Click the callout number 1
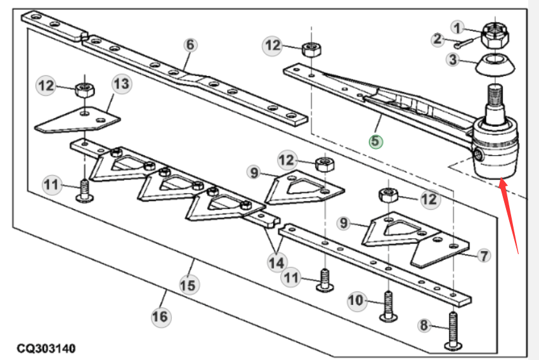[457, 28]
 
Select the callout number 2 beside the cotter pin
[438, 39]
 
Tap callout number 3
[453, 60]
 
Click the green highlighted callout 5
[376, 141]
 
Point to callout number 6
[190, 45]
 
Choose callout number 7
[484, 255]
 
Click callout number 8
[424, 325]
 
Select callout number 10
[356, 300]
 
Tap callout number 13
[122, 84]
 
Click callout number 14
[276, 263]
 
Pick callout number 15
[188, 285]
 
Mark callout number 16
[160, 317]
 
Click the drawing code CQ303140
[46, 349]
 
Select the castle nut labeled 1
[495, 35]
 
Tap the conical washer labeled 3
[495, 65]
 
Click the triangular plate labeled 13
[78, 120]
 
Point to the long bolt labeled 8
[453, 330]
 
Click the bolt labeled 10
[387, 306]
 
